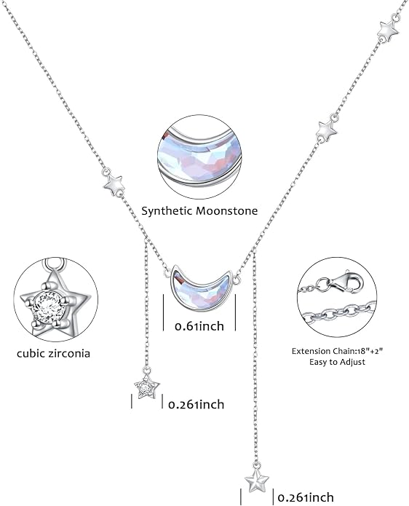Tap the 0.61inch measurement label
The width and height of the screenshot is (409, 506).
coord(199,326)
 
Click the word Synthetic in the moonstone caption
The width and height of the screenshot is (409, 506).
coord(167,211)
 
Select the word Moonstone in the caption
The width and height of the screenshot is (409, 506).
coord(227,210)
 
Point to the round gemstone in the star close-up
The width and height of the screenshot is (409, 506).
coord(49,307)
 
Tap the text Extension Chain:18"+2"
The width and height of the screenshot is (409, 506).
coord(337,351)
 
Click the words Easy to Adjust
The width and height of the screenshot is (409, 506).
coord(337,362)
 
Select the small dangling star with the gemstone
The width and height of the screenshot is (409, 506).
coord(146,387)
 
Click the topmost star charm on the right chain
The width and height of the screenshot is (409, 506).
coord(388,30)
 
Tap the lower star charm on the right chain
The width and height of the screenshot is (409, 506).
coord(327,130)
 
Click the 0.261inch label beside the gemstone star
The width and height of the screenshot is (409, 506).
coord(196,404)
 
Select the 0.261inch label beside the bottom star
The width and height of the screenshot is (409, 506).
coord(306,497)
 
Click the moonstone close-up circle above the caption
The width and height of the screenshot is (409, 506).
coord(199,157)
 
